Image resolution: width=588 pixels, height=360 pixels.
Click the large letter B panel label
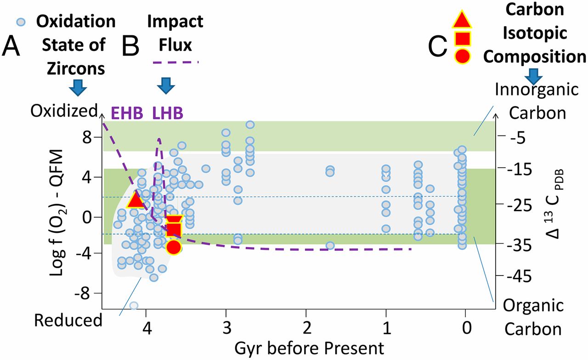[130, 46]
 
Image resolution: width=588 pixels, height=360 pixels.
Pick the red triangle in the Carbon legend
[462, 19]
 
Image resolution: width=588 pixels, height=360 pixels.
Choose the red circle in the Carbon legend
[462, 56]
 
